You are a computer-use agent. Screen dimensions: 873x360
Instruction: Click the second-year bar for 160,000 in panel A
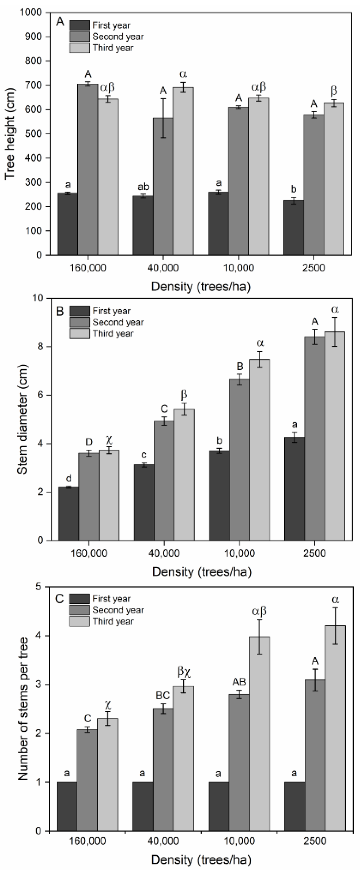click(x=88, y=169)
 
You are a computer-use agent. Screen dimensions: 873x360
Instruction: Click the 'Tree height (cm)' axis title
click(x=10, y=133)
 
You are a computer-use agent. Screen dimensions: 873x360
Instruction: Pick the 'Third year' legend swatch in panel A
click(x=80, y=48)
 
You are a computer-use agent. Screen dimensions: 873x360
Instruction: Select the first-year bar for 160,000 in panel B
click(x=69, y=513)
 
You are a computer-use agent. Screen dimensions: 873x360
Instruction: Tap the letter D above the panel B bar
click(x=88, y=442)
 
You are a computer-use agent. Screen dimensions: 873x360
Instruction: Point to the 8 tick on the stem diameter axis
click(x=39, y=347)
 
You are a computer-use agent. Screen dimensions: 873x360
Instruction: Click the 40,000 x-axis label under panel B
click(x=164, y=553)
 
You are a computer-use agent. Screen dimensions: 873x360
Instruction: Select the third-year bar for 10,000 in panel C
click(x=259, y=734)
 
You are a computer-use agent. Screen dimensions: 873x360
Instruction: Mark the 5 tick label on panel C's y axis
click(x=39, y=587)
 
